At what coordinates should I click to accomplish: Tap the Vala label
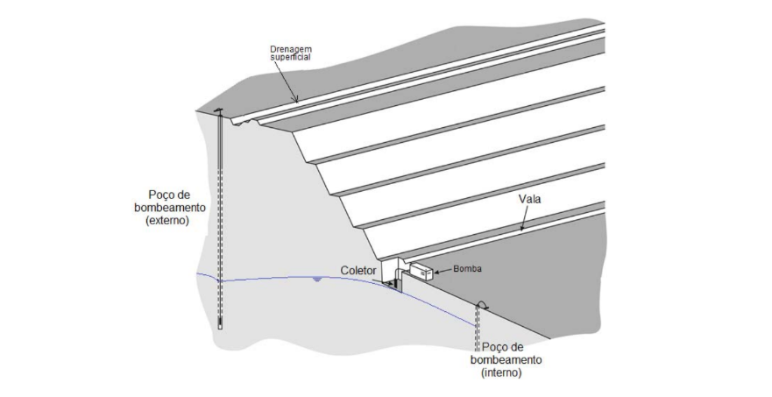529,200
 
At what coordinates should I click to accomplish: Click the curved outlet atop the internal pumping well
480,306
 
